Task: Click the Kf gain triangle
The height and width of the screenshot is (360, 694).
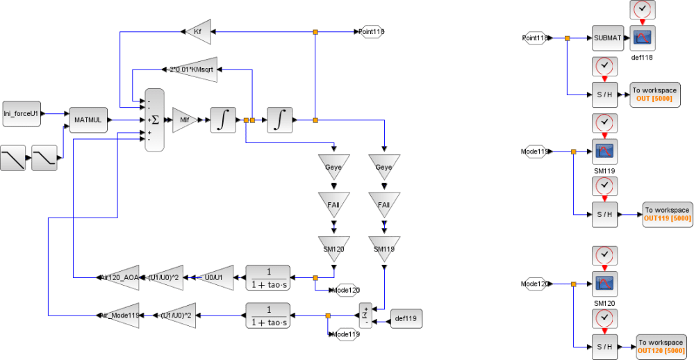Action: point(197,31)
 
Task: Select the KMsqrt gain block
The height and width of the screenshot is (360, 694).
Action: point(192,69)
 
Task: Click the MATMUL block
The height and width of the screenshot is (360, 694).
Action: point(88,120)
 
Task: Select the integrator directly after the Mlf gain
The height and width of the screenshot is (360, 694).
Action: point(222,120)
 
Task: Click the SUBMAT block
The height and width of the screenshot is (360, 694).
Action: point(608,38)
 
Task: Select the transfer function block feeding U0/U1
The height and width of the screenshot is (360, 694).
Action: point(267,277)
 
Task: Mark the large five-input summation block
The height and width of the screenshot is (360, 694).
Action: point(154,120)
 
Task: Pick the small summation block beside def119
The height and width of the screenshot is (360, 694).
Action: point(365,316)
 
